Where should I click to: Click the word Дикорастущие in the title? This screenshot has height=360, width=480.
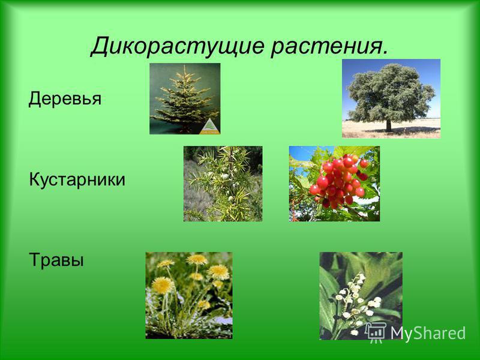coord(177,46)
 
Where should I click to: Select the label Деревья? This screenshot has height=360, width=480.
coord(65,99)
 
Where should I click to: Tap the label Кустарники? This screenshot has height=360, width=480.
coord(77,179)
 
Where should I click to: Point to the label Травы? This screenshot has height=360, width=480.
coord(56,260)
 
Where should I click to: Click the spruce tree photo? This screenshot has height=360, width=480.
coord(185,98)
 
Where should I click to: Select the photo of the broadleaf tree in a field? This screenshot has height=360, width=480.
coord(391,98)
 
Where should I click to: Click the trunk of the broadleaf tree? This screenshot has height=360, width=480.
coord(388,125)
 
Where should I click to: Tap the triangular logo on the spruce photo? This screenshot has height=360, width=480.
coord(209,127)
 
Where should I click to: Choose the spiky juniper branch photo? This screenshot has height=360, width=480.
coord(223,184)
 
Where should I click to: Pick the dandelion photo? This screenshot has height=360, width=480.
coord(189,295)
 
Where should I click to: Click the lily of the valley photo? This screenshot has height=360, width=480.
coord(361,296)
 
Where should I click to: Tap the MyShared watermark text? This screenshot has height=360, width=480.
coord(428,334)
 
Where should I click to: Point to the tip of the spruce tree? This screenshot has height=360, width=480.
coord(185,66)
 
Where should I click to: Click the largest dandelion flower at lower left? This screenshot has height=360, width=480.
coord(163,286)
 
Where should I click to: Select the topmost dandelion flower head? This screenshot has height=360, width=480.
coord(197,260)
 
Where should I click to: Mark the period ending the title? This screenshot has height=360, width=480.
coord(385,53)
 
